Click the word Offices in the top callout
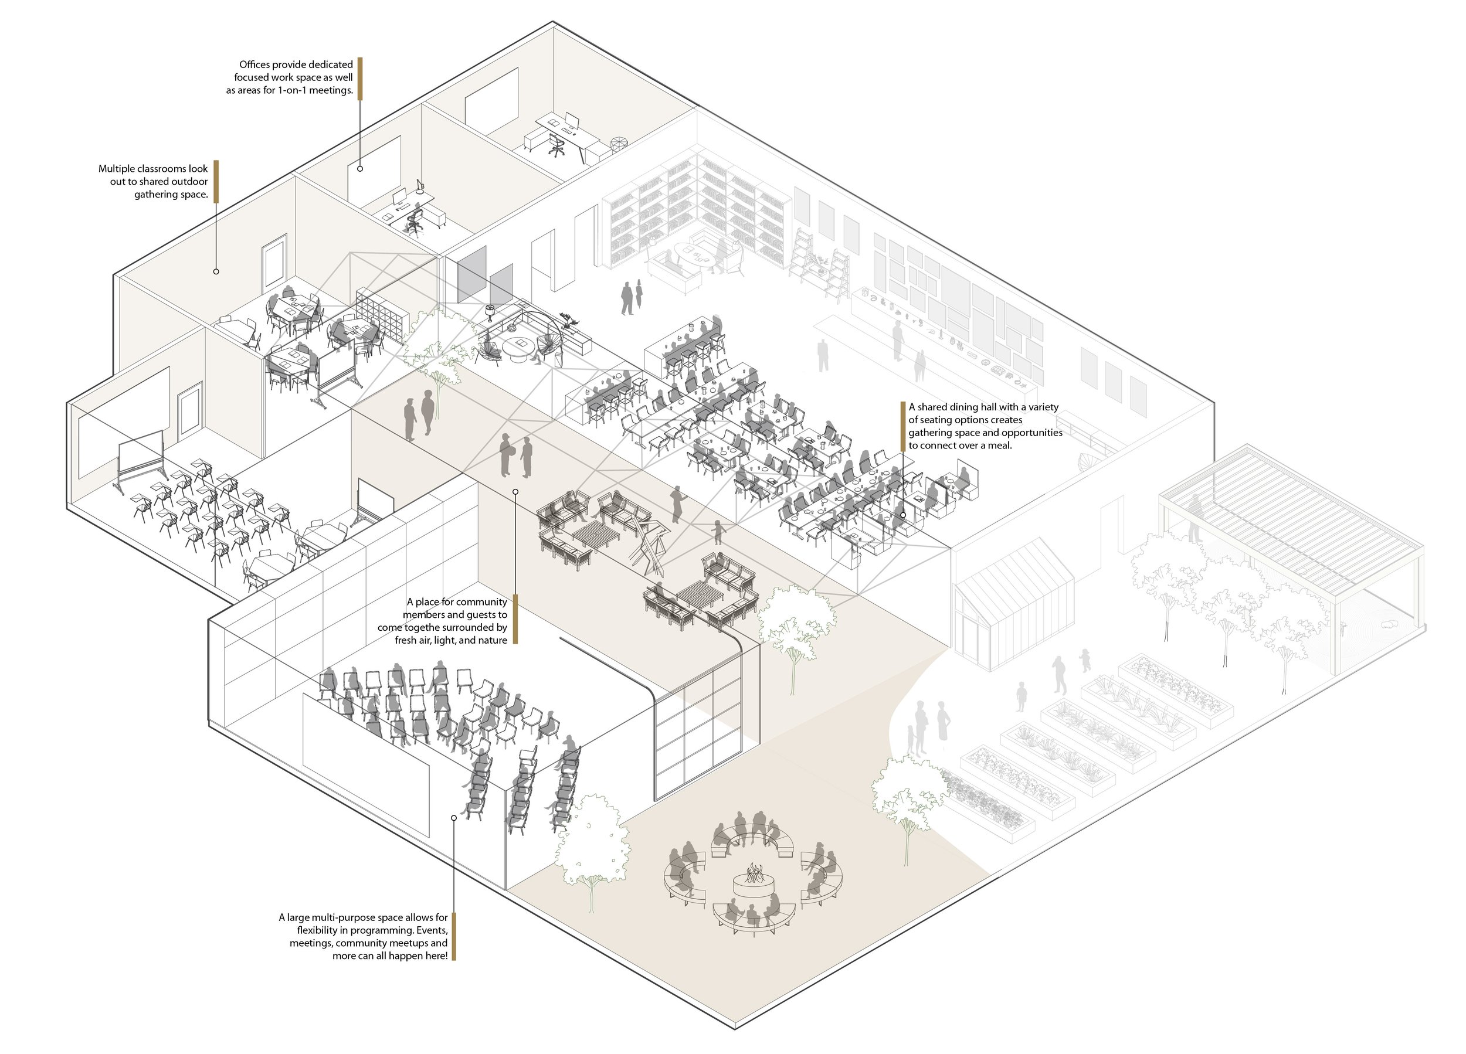pos(254,64)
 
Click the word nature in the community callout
pos(491,640)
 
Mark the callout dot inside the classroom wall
pos(216,271)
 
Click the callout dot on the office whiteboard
pos(360,169)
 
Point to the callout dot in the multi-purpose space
pos(454,818)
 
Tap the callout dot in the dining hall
pos(903,516)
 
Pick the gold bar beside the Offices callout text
pos(360,78)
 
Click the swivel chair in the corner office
pos(556,144)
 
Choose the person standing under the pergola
pos(1194,518)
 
